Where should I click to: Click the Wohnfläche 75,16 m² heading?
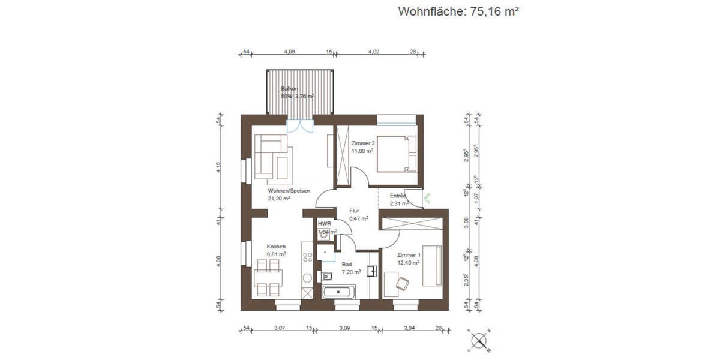click(x=458, y=11)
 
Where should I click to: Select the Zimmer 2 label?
click(x=362, y=143)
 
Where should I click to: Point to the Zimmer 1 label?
click(x=408, y=255)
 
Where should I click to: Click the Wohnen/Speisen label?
click(x=289, y=191)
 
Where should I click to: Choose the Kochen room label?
click(x=276, y=247)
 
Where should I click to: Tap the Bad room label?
click(x=347, y=264)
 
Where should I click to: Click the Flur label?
click(x=354, y=211)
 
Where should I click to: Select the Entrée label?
click(x=398, y=196)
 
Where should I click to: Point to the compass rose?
click(x=479, y=340)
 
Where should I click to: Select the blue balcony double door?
click(x=299, y=126)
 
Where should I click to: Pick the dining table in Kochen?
click(x=268, y=280)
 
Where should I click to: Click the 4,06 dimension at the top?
click(x=289, y=52)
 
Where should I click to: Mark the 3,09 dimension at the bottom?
click(x=344, y=328)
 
